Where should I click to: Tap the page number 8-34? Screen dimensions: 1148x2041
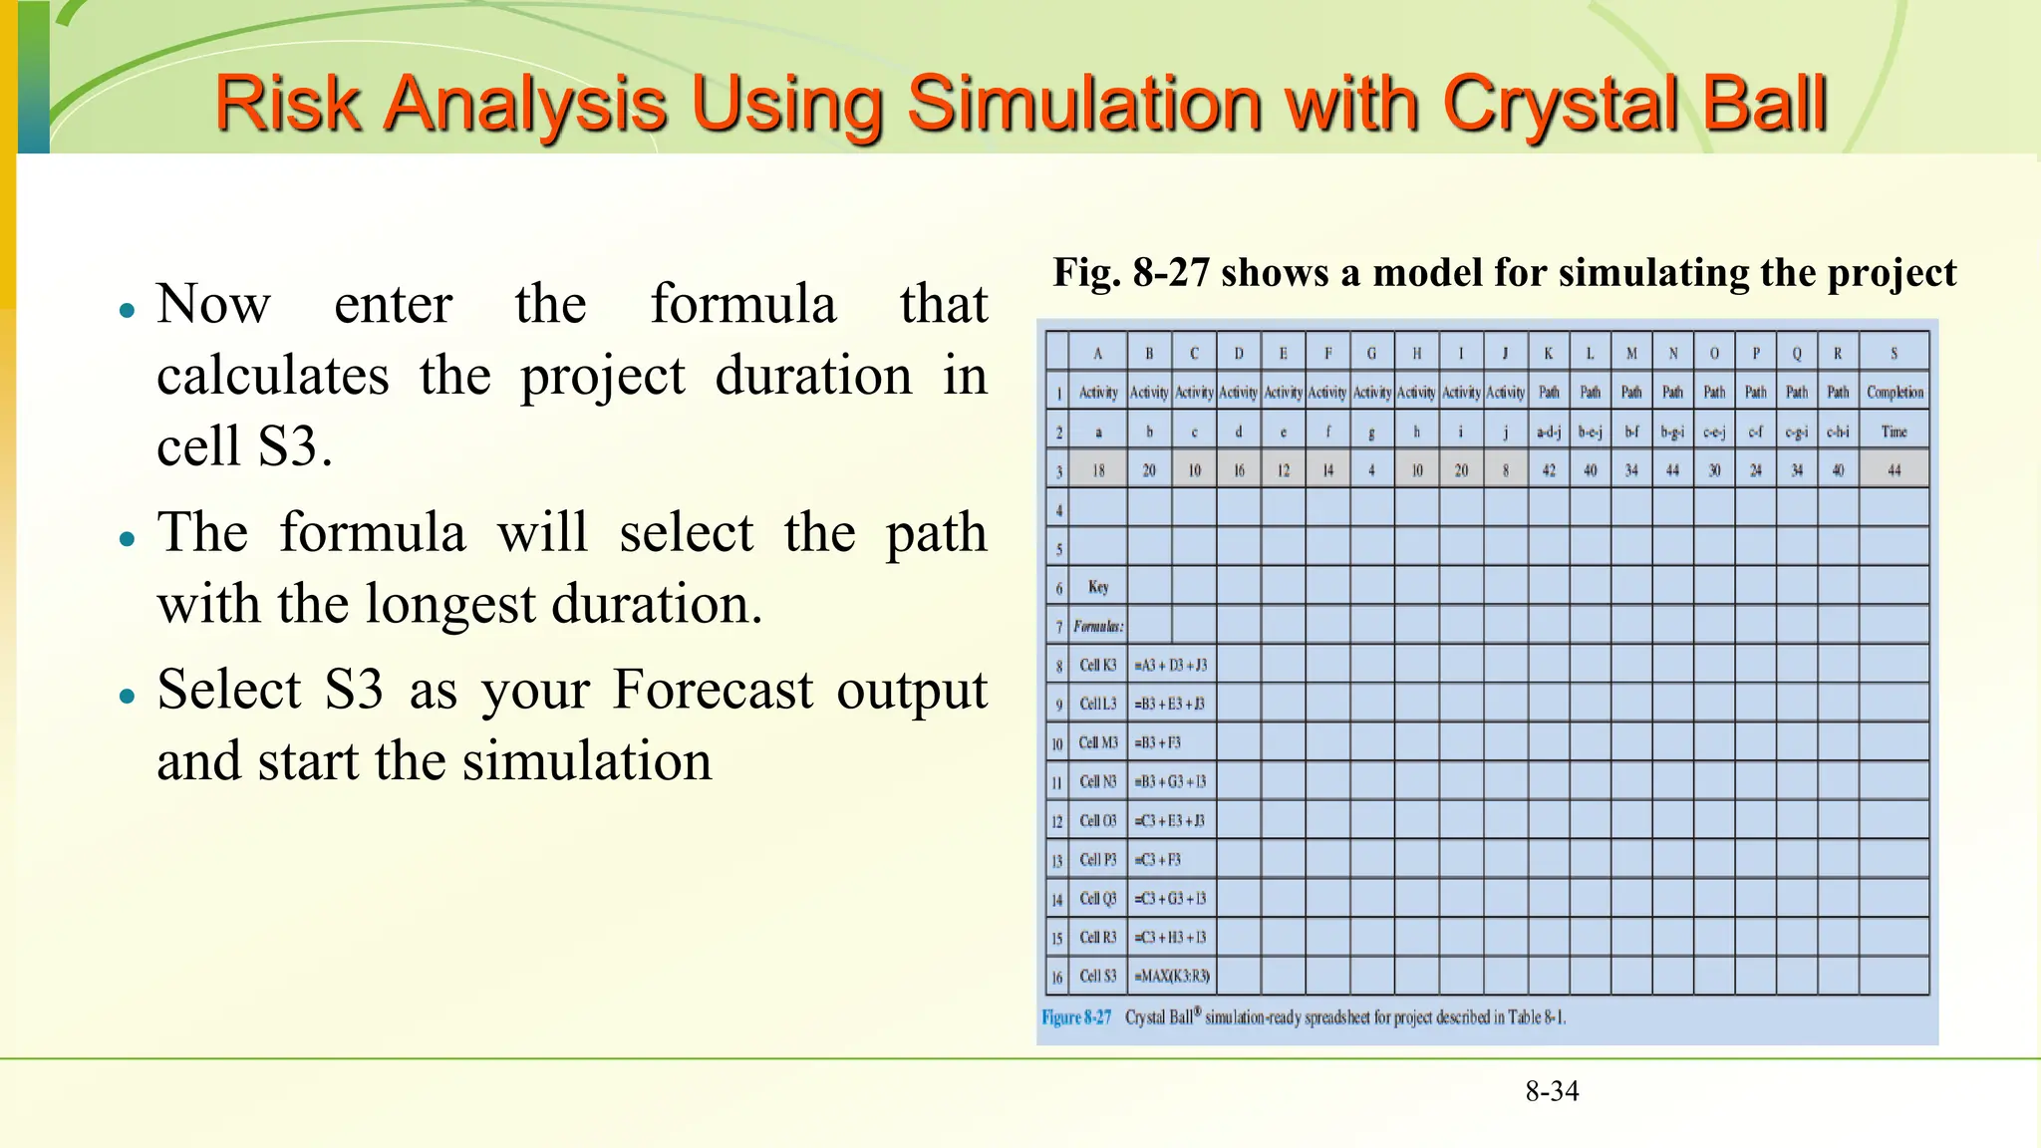coord(1552,1091)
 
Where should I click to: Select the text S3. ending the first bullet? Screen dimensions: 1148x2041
coord(295,445)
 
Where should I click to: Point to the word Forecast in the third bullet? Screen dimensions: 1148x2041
coord(713,690)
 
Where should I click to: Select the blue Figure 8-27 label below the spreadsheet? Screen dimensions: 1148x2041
coord(1076,1017)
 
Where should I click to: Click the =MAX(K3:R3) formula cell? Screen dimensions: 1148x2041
coord(1172,977)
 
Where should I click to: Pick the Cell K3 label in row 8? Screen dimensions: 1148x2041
coord(1098,665)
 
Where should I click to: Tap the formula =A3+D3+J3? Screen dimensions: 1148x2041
coord(1171,665)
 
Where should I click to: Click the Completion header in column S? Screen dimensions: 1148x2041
coord(1895,392)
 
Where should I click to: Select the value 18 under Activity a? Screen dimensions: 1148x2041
coord(1098,470)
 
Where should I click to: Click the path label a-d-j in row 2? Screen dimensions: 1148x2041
coord(1549,431)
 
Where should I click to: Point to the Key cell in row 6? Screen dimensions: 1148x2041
coord(1098,587)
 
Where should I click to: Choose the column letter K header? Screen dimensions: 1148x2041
coord(1549,353)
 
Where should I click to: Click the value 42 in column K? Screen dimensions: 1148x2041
coord(1549,470)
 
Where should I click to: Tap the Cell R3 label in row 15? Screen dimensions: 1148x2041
coord(1098,938)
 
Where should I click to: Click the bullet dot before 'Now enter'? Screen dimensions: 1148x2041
coord(127,310)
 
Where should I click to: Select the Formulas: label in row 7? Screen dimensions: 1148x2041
coord(1098,626)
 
